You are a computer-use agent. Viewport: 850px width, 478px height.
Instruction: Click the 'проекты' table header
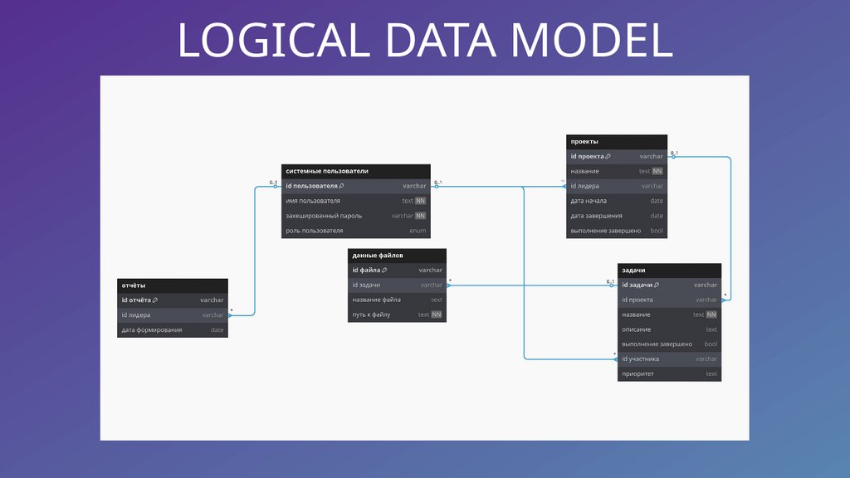584,141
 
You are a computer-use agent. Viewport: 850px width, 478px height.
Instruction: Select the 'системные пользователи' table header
327,171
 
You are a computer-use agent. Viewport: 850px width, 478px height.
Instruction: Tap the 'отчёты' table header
134,285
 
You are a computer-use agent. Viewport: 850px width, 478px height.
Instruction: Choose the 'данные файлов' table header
378,256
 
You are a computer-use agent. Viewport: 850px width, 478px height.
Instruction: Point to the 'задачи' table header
634,271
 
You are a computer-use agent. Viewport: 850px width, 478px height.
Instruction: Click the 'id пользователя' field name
311,186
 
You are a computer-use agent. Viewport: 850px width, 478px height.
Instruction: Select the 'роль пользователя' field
314,231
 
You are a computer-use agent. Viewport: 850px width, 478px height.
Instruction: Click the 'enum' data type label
418,231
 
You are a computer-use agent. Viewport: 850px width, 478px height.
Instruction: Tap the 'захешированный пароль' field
323,216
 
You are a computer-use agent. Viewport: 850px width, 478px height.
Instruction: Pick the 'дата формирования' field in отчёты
152,330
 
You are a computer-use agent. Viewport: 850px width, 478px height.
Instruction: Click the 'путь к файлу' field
371,315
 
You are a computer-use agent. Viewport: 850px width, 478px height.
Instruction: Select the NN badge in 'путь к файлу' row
437,315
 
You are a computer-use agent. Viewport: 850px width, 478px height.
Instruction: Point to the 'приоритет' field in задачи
638,374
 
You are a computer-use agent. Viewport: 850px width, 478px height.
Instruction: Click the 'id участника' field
641,359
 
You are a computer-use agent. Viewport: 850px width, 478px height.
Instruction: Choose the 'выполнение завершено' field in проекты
606,231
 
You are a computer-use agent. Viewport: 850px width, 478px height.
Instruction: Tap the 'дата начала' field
589,201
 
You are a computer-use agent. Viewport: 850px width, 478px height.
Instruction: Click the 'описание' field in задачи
637,329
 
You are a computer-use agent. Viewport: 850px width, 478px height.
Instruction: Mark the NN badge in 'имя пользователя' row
421,201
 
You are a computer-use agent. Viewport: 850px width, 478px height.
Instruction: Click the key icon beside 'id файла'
384,271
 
